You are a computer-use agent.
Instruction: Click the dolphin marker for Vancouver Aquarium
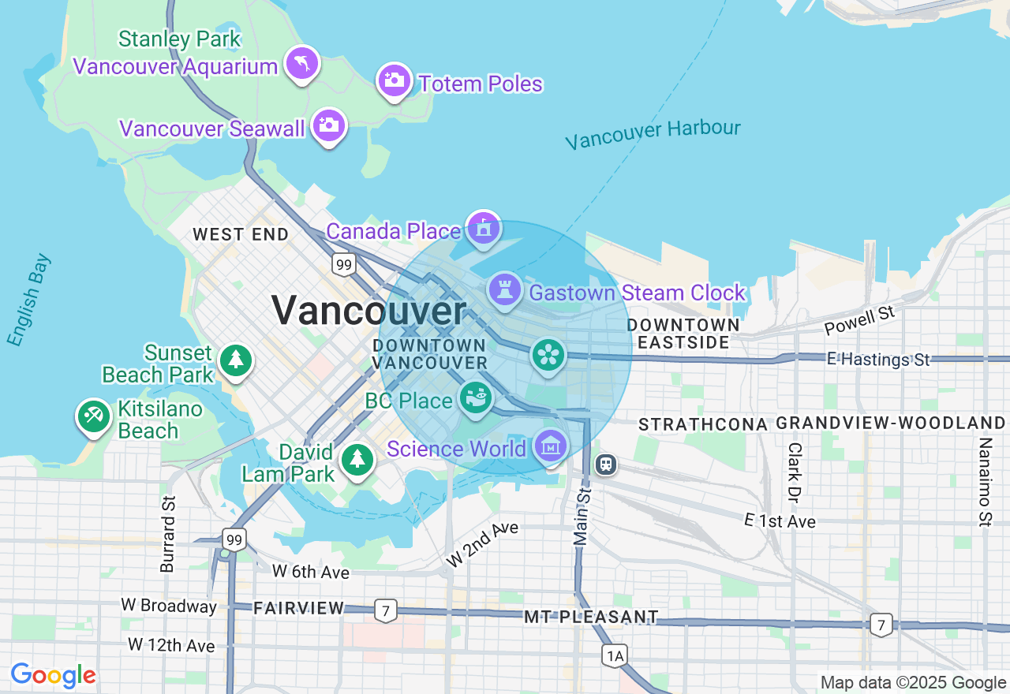[x=302, y=63]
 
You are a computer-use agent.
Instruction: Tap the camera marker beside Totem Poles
[x=394, y=80]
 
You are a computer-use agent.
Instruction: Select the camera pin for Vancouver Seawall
[x=329, y=125]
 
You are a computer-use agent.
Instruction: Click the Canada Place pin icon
[x=483, y=228]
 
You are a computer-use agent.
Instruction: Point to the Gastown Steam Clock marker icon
[x=505, y=289]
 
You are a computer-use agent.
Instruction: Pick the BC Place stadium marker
[x=476, y=397]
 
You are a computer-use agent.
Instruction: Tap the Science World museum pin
[x=551, y=446]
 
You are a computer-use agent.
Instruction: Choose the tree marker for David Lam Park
[x=357, y=459]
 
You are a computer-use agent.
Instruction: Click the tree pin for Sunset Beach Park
[x=235, y=360]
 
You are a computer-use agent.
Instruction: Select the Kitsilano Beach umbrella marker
[x=94, y=416]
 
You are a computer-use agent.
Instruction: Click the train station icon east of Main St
[x=605, y=465]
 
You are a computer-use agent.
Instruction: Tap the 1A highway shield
[x=614, y=655]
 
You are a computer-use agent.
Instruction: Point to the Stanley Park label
[x=179, y=39]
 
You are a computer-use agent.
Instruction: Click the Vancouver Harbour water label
[x=653, y=133]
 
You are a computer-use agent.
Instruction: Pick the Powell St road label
[x=859, y=320]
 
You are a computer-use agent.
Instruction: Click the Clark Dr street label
[x=794, y=472]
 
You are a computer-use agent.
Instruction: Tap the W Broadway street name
[x=169, y=606]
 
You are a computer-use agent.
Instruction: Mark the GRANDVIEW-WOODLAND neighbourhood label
[x=891, y=423]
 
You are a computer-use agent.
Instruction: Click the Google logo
[x=53, y=676]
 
